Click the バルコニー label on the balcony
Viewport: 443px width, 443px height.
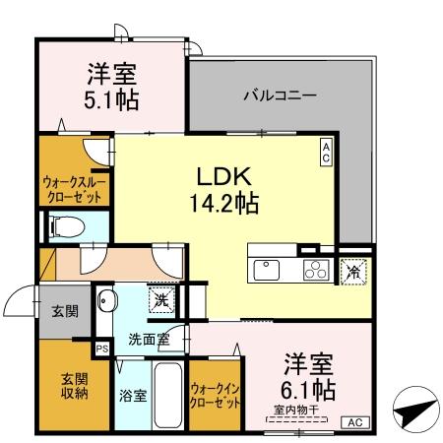click(281, 96)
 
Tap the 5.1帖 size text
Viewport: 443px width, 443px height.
click(110, 99)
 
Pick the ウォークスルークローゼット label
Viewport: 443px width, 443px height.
click(76, 189)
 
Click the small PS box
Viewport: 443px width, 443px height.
click(101, 348)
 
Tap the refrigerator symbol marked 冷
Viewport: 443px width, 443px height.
click(350, 268)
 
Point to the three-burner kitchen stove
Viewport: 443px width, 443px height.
click(315, 267)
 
